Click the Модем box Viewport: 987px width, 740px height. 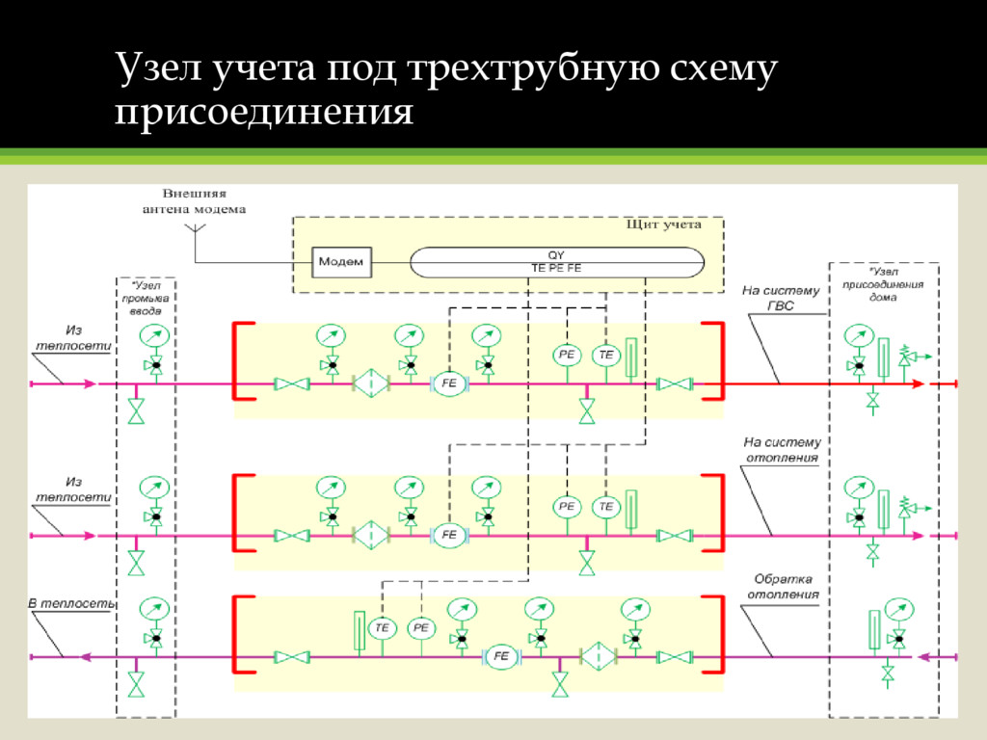point(341,261)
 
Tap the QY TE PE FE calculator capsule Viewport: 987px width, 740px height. point(556,261)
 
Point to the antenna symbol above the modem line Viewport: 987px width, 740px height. point(195,229)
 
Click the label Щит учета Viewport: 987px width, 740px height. point(663,225)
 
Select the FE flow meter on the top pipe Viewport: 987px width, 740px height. point(448,383)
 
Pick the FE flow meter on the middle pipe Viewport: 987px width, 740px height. point(448,535)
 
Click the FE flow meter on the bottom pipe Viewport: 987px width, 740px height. point(501,656)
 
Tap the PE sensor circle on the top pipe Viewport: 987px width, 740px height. point(567,356)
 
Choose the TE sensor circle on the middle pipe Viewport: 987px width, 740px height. point(606,506)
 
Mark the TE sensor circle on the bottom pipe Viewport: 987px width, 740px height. point(383,628)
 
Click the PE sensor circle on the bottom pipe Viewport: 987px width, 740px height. point(421,628)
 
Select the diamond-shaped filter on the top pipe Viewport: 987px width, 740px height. point(369,383)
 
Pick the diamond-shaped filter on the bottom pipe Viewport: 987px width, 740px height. point(598,656)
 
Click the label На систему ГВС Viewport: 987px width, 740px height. point(781,297)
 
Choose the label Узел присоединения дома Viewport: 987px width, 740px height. point(883,284)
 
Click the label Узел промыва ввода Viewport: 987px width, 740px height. point(147,299)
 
